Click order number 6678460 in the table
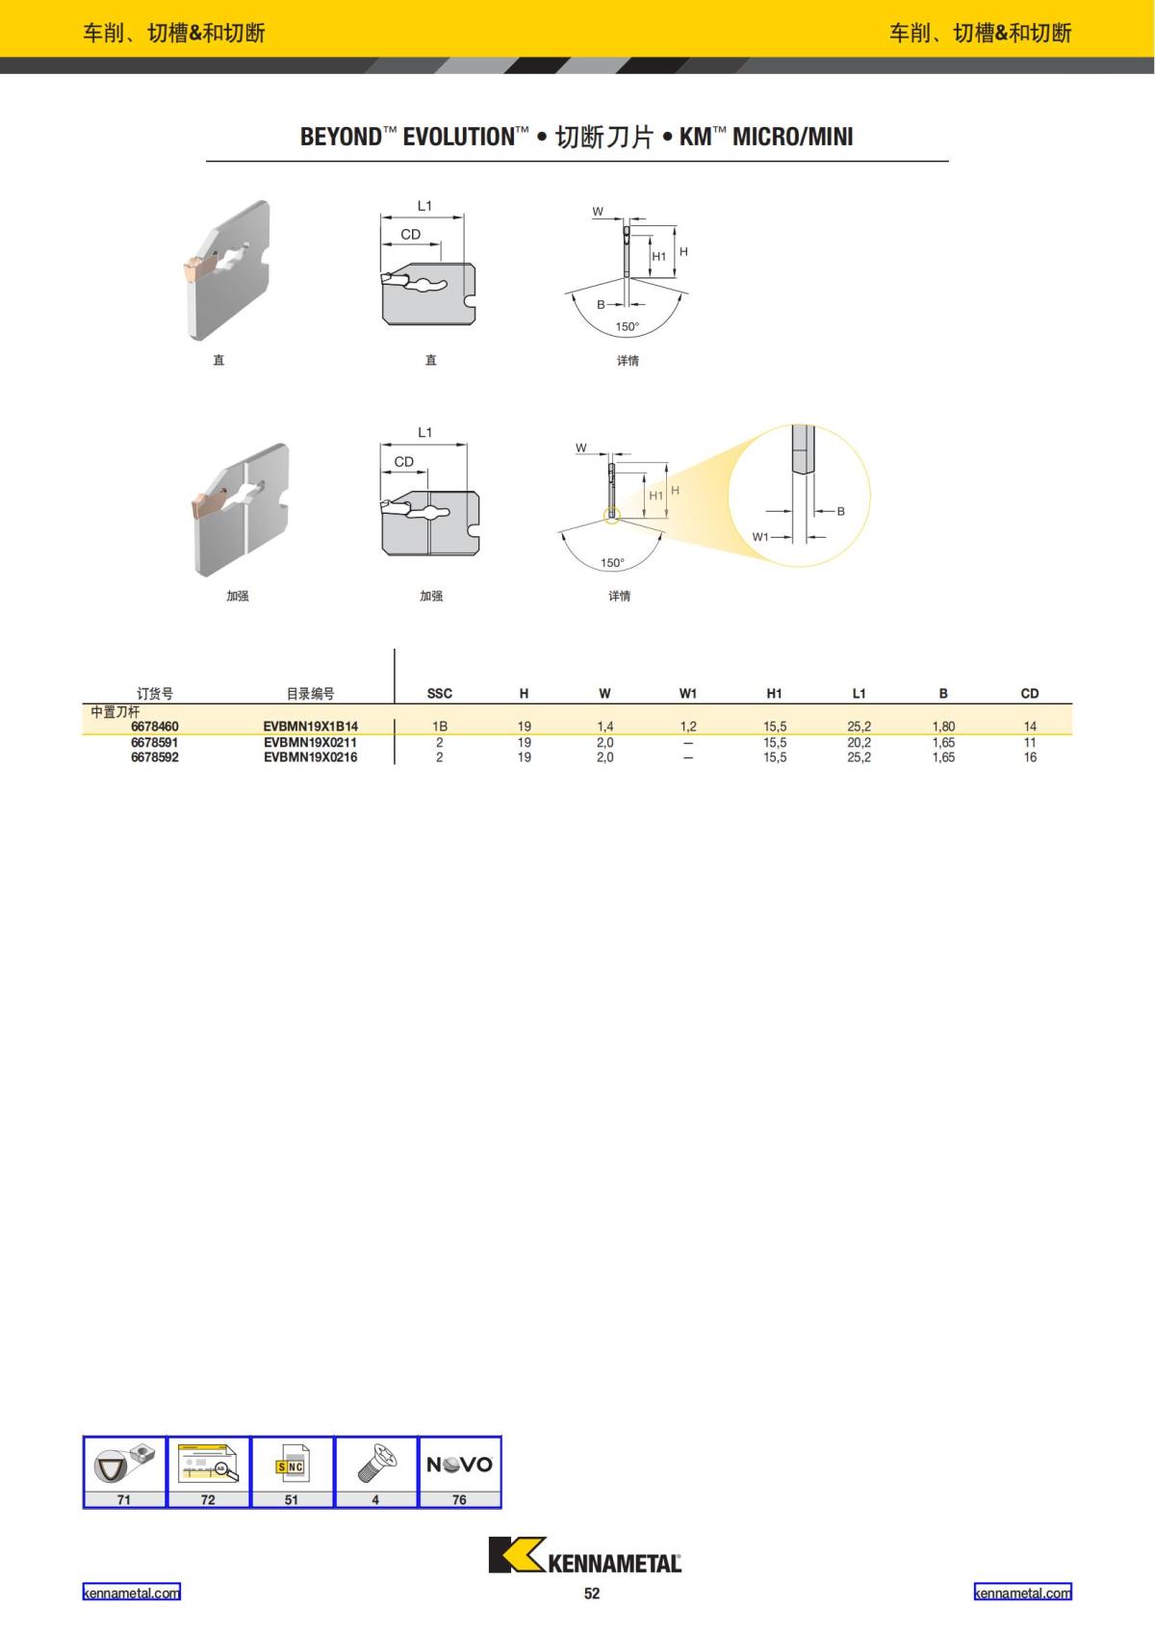pos(155,727)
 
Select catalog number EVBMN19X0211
pos(310,743)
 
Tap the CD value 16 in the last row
pos(1030,757)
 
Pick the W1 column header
pos(688,693)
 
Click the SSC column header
pos(439,693)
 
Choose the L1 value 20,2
pos(859,743)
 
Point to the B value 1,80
pos(943,727)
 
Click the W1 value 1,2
pos(688,727)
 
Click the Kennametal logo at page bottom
pos(584,1555)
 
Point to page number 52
pos(592,1594)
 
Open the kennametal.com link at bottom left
pos(131,1593)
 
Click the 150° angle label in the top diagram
pos(627,327)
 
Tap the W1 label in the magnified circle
pos(760,537)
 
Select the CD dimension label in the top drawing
pos(411,235)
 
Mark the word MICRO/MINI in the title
pos(792,137)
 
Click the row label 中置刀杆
pos(115,712)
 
